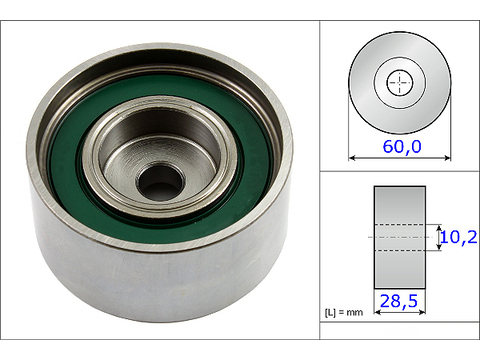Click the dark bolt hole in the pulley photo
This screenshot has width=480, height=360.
coord(160,182)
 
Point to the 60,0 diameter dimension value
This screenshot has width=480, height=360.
coord(402,147)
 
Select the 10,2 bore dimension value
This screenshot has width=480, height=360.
coord(459,237)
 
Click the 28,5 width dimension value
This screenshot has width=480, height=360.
coord(399,301)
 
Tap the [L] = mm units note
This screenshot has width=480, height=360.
coord(344,312)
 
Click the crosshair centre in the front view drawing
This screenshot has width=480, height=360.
coord(400,82)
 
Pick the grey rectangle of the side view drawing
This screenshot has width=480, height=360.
coord(400,237)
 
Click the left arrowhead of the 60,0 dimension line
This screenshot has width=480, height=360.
coord(351,158)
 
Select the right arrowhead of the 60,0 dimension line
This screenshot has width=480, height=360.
coord(448,158)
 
